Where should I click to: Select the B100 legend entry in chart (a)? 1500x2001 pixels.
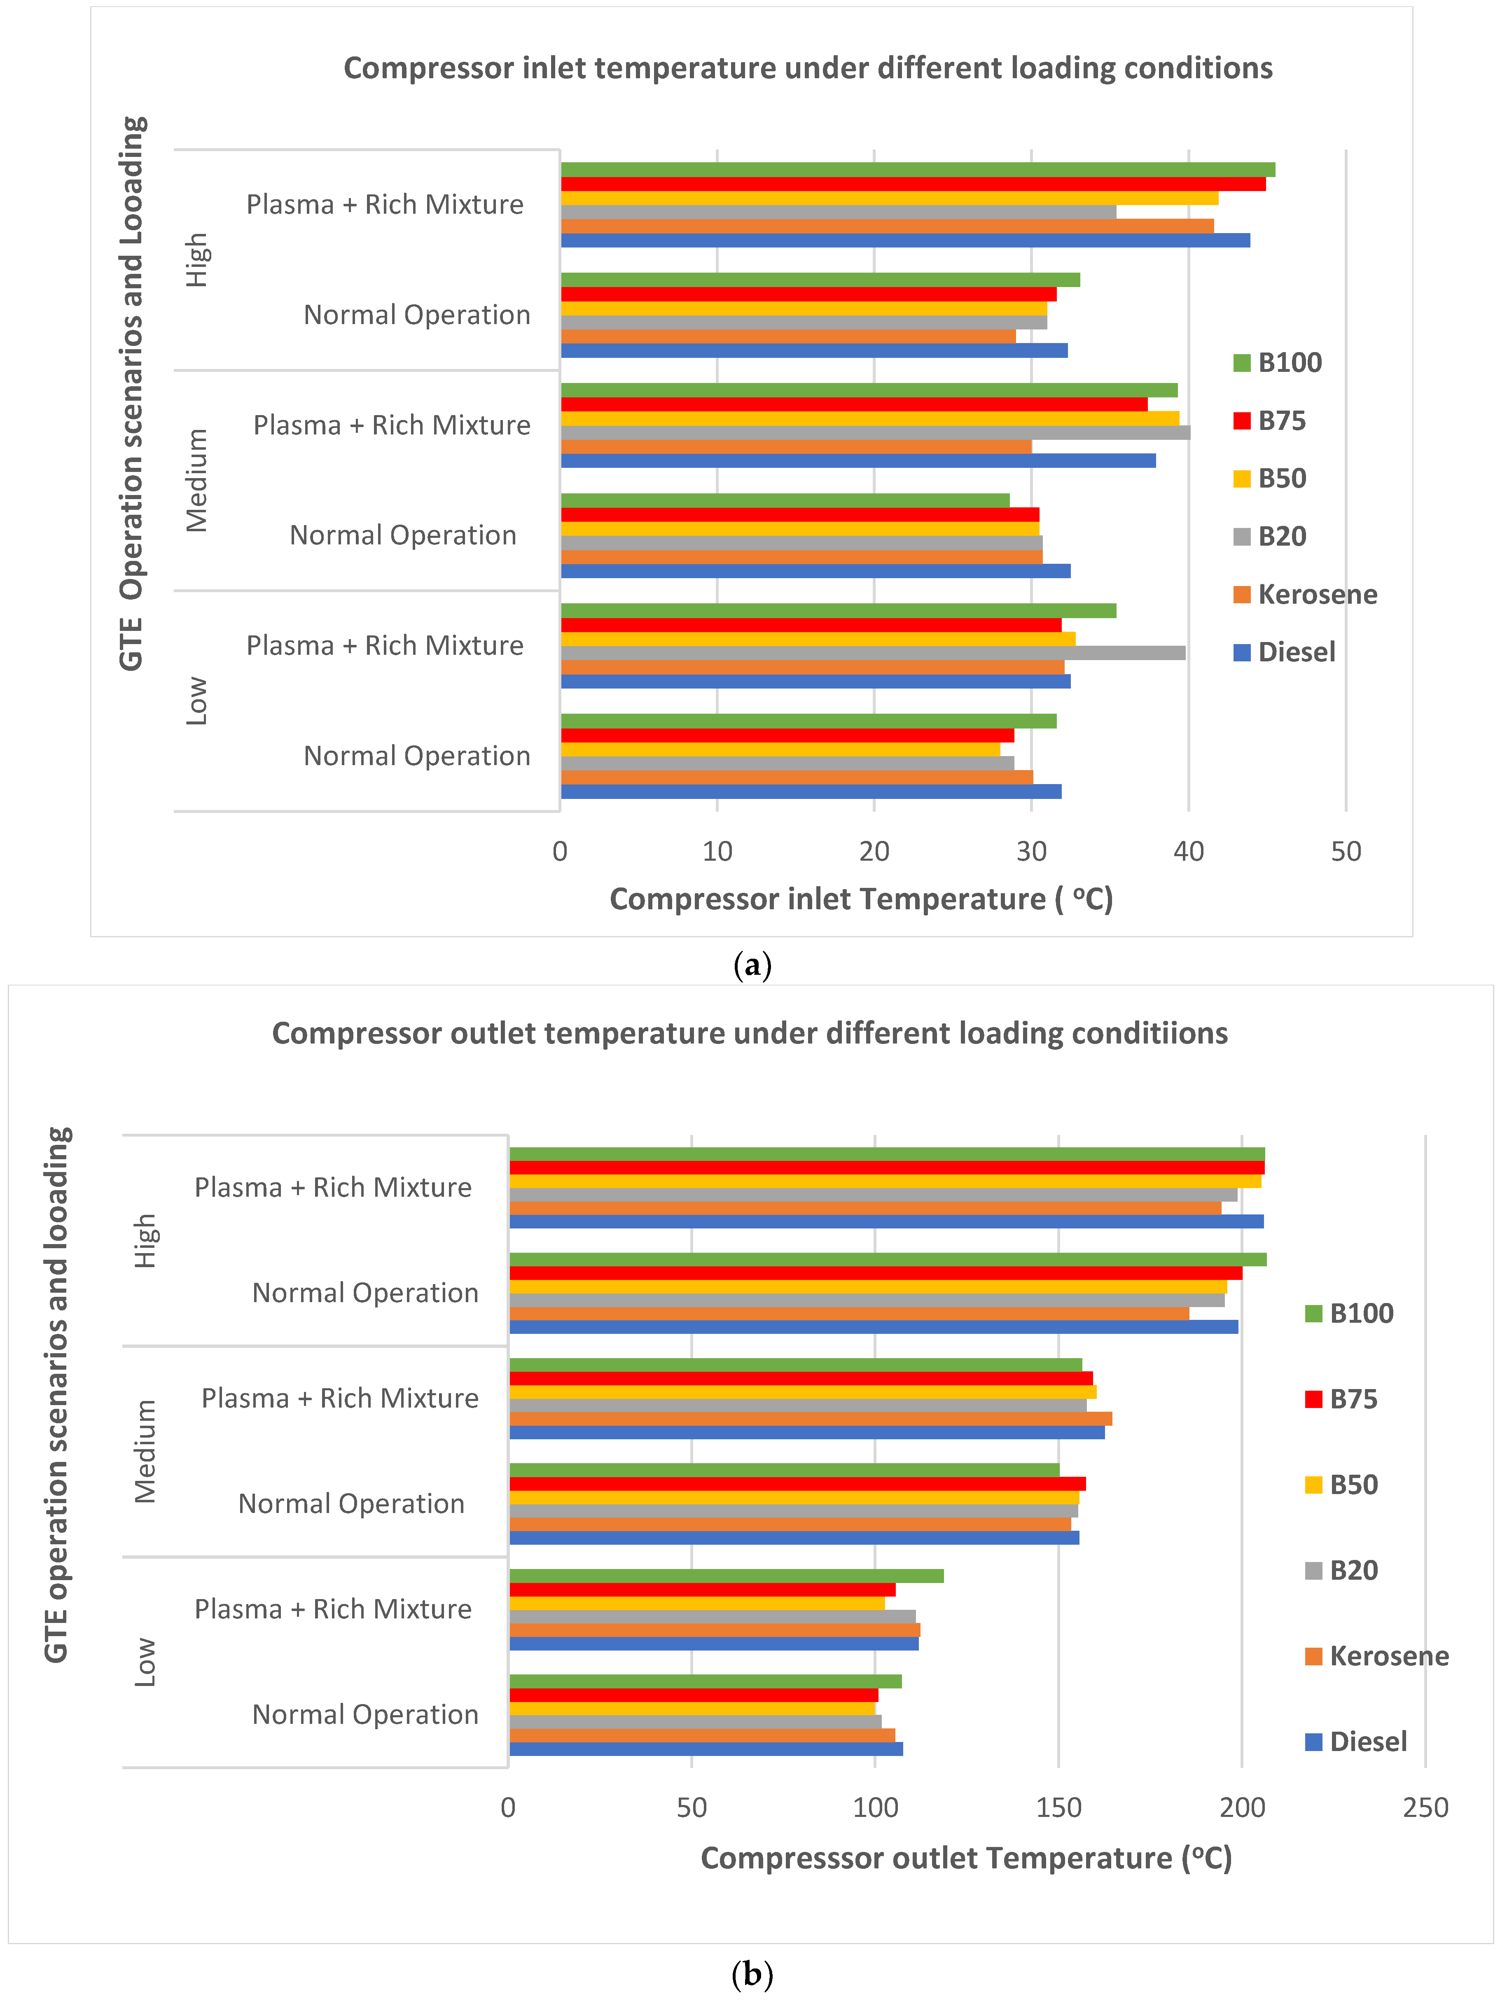(x=1278, y=363)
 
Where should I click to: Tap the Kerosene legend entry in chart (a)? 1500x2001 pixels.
(x=1305, y=594)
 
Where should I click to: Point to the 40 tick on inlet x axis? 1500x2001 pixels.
(x=1188, y=851)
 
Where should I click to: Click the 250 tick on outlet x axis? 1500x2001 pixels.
(x=1425, y=1807)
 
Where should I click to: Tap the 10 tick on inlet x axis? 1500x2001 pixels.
(x=717, y=851)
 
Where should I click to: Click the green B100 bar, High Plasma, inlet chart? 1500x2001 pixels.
(x=917, y=169)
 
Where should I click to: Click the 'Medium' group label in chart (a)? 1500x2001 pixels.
(x=196, y=480)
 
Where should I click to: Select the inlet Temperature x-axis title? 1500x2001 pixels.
(x=860, y=899)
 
